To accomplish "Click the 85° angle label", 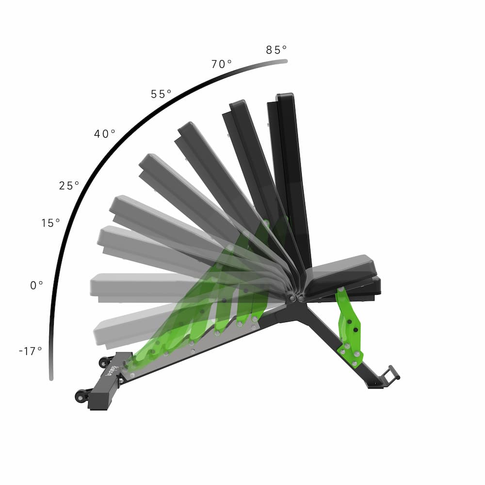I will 276,49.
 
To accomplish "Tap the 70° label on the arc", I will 221,64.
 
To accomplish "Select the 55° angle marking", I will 161,94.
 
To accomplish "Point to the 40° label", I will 105,133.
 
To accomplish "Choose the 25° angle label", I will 69,185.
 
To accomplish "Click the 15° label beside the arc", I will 50,223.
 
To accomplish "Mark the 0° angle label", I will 37,286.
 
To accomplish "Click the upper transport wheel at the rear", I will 103,362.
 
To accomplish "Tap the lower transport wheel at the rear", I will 80,396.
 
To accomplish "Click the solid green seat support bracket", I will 349,327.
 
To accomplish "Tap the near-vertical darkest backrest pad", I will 291,175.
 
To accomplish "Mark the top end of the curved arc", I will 286,61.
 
